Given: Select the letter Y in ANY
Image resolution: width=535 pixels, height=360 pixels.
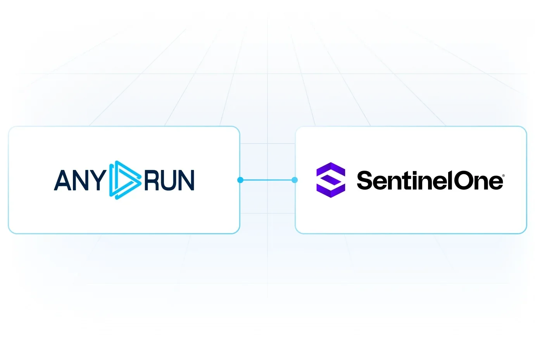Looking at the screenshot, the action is [x=98, y=180].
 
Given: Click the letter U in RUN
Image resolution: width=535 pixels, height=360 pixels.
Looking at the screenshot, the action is [x=169, y=180].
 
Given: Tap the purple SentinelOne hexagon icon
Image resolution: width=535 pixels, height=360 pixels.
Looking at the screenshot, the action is [x=331, y=180].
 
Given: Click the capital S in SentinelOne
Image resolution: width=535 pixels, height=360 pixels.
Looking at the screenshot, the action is [x=366, y=180].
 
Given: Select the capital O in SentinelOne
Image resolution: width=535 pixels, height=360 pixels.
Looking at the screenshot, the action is [x=463, y=180].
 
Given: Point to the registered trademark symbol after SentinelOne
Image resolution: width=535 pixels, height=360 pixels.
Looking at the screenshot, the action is [x=504, y=175].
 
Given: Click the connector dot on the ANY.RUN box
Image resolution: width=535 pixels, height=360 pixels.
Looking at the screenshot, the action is [x=240, y=180].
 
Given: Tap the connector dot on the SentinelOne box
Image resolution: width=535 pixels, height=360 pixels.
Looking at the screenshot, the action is [x=295, y=180].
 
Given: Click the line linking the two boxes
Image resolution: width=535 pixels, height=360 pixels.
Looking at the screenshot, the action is [x=267, y=180].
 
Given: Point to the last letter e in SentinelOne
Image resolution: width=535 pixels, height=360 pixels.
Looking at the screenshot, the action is [x=496, y=182].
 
